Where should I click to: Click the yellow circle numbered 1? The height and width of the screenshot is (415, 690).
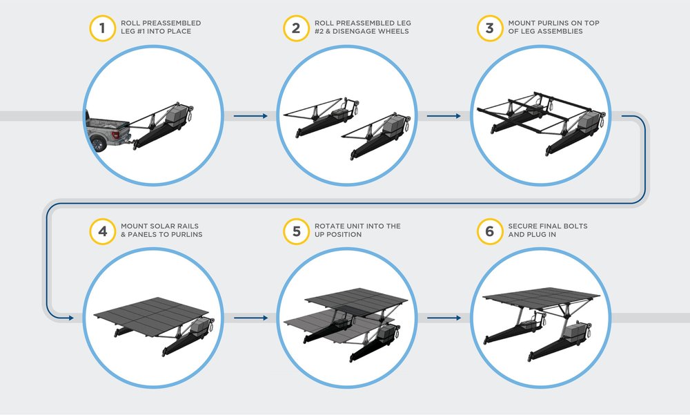[102, 28]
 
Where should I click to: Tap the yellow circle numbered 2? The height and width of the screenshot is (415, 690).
[296, 28]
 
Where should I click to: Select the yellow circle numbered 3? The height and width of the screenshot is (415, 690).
[490, 28]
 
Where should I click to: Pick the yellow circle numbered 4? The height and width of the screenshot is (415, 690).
[102, 230]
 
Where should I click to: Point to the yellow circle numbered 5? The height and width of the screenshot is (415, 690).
[296, 230]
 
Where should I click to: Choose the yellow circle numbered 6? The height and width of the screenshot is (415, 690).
[490, 230]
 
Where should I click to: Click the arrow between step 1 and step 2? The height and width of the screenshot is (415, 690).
[250, 116]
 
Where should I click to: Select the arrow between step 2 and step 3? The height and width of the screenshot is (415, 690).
[443, 116]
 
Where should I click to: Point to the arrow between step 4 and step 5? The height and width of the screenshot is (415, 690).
[250, 318]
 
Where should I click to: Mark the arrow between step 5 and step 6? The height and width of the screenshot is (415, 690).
[443, 318]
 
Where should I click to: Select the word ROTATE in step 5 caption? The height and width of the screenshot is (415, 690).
[329, 226]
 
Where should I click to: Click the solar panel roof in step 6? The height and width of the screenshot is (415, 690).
[538, 296]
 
